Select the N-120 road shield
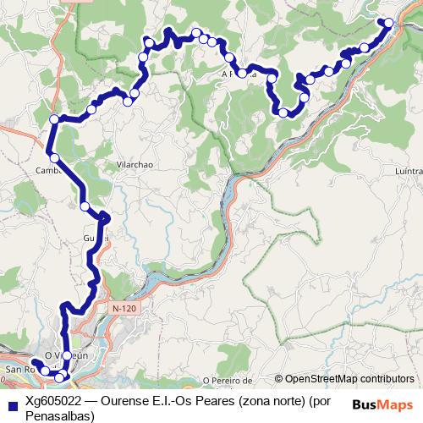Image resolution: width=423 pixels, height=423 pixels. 123,310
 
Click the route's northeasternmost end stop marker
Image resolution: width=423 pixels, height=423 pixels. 389,23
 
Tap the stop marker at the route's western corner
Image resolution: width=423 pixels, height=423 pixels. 54,119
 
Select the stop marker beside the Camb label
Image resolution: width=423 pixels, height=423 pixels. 54,157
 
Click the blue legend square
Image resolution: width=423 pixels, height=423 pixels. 11,401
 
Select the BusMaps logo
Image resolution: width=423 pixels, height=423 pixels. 382,404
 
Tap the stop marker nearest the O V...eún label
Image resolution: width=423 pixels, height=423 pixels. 67,355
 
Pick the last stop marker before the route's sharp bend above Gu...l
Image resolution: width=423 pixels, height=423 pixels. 85,206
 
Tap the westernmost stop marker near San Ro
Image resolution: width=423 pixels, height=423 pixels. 36,365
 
